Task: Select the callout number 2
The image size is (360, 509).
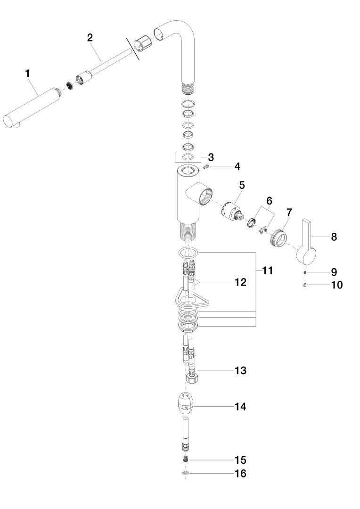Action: pos(90,38)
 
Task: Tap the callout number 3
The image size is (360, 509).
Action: pos(211,156)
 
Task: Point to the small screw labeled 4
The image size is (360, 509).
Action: pos(205,167)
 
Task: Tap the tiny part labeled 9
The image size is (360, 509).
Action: pos(305,272)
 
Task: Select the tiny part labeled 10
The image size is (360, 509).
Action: pos(305,285)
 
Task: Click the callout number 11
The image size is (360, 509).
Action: pos(267,271)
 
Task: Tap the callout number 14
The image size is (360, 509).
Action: pos(241,406)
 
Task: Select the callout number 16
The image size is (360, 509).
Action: pos(241,473)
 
